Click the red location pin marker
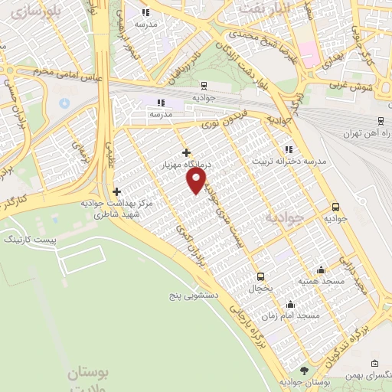198,180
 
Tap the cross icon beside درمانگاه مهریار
186,152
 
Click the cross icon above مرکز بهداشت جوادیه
116,191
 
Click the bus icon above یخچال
260,276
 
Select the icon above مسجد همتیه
320,269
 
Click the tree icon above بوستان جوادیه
304,371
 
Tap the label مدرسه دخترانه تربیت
289,162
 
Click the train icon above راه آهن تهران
381,121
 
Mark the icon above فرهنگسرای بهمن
374,363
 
